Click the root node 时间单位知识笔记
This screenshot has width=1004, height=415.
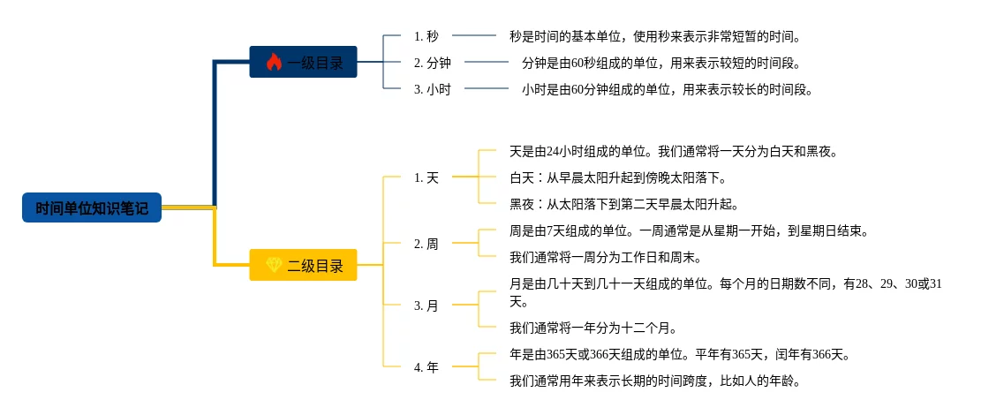coord(92,208)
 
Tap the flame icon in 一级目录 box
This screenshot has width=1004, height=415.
coord(273,63)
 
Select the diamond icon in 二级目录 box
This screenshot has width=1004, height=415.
coord(273,265)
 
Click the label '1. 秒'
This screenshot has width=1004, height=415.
coord(426,36)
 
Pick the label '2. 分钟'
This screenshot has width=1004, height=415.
coord(433,63)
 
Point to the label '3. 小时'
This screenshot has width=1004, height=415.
coord(433,89)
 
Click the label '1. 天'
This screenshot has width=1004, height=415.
coord(427,177)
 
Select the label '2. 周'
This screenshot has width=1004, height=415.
coord(427,244)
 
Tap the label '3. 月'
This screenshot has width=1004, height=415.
coord(427,306)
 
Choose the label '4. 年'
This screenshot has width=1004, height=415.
coord(427,367)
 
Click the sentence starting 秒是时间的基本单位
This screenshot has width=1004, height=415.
coord(654,36)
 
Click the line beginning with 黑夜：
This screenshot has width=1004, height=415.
coord(623,204)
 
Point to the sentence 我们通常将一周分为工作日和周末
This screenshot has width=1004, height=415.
coord(605,257)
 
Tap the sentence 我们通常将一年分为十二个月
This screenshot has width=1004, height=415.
coord(593,328)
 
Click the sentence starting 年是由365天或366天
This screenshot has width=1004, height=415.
coord(680,354)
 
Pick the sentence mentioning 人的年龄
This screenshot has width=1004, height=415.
coord(654,381)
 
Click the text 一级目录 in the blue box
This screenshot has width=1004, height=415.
coord(315,63)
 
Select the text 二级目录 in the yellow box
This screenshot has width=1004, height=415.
coord(315,265)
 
